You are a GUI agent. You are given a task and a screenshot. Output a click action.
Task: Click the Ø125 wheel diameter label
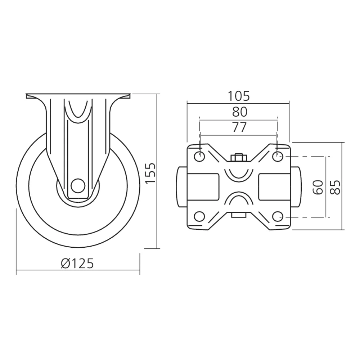(77, 264)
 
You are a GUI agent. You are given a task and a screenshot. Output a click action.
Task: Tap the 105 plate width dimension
(238, 96)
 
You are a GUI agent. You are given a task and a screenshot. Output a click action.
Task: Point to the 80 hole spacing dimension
(239, 112)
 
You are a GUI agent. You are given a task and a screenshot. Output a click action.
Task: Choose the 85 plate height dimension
(335, 187)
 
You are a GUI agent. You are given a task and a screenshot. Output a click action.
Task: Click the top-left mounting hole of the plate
(199, 157)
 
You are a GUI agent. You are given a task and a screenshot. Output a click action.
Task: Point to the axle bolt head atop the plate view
(238, 158)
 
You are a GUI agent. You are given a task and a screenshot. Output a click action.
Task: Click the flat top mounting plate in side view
(77, 96)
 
